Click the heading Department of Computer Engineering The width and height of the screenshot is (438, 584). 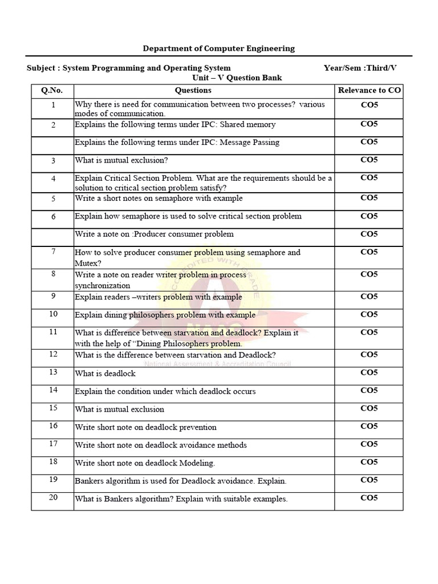[x=219, y=48]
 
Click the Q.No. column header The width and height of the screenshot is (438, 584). [x=52, y=90]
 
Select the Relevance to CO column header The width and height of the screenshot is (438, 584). [x=369, y=90]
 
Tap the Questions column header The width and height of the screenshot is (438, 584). [x=193, y=90]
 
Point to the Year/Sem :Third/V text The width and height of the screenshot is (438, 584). [x=360, y=68]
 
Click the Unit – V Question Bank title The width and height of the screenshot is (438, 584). [x=237, y=78]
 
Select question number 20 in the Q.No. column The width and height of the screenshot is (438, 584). [x=53, y=497]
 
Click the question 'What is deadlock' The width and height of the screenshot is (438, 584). [x=106, y=374]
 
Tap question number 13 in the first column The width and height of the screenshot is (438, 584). [x=53, y=372]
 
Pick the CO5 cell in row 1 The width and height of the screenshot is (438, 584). [x=369, y=105]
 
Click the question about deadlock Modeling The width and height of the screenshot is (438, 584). [x=145, y=463]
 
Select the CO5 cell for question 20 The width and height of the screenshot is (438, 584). [x=369, y=498]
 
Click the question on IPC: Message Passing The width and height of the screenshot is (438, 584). [x=177, y=143]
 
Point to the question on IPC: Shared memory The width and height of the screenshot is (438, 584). [x=175, y=124]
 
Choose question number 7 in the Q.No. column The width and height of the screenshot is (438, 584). [x=53, y=252]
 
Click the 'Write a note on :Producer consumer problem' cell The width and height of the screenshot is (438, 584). [x=154, y=234]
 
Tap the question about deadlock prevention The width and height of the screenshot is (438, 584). [x=145, y=427]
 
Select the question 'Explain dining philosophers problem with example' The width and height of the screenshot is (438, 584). [x=165, y=315]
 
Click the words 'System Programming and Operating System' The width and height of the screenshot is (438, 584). [x=147, y=68]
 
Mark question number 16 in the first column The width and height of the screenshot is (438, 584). [x=53, y=425]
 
